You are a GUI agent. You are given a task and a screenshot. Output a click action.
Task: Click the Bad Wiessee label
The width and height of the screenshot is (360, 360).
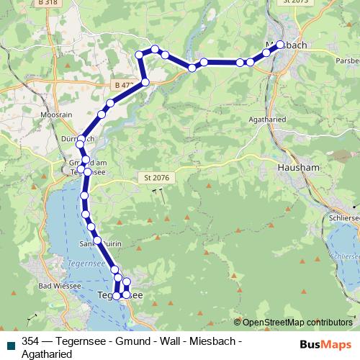[53, 286]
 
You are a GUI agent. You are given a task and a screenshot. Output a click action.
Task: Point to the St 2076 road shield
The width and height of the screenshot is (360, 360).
[148, 177]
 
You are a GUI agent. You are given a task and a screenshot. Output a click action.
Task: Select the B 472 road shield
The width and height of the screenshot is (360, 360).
[123, 85]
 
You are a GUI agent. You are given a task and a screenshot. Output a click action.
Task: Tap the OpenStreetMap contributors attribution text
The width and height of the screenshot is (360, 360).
[297, 322]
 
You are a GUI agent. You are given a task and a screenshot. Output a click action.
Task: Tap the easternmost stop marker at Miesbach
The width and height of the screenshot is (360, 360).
[280, 44]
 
